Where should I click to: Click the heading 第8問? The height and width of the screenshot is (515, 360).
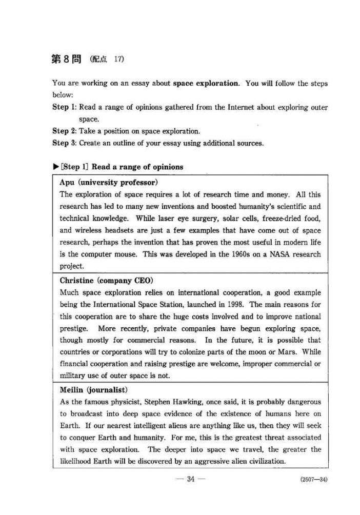[x=68, y=59]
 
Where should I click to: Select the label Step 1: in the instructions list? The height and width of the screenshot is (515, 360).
[x=64, y=108]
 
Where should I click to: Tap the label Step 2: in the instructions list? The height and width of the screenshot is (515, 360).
[x=64, y=131]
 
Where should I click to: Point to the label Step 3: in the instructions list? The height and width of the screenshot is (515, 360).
[x=64, y=143]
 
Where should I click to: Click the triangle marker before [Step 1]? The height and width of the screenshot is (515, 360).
[x=55, y=167]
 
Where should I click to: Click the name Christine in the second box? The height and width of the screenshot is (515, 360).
[x=76, y=281]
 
